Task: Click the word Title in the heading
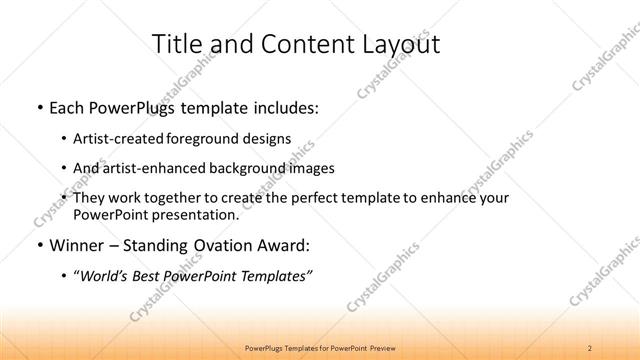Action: (178, 44)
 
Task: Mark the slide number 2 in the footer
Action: (590, 347)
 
